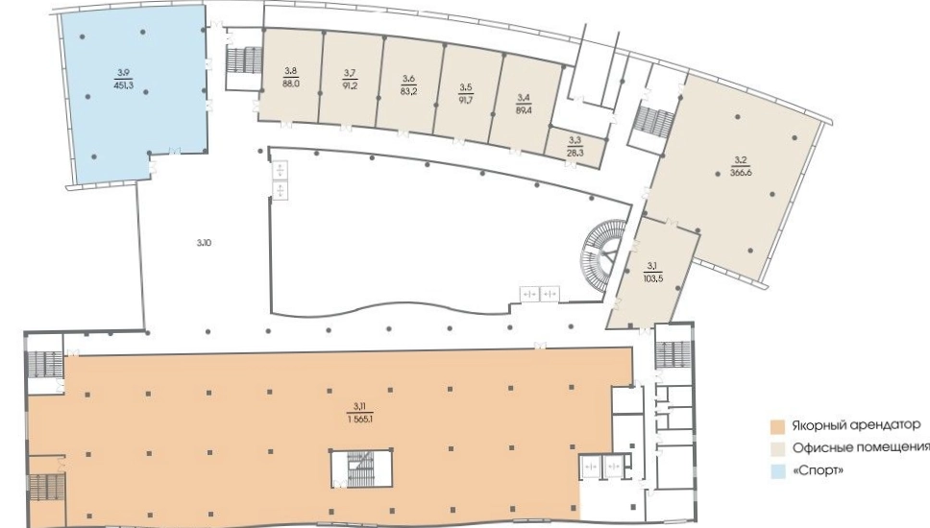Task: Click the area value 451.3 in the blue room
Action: (x=123, y=84)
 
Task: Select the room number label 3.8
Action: (x=290, y=72)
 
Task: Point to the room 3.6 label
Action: (x=408, y=79)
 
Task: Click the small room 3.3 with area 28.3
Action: (x=575, y=147)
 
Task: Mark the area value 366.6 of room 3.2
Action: (x=741, y=173)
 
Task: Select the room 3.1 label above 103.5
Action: (x=652, y=265)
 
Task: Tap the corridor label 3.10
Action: (x=204, y=242)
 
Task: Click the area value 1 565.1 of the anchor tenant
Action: (x=360, y=419)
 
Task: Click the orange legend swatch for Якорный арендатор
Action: (x=777, y=426)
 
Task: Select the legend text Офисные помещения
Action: (x=861, y=447)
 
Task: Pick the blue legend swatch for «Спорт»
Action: (x=777, y=471)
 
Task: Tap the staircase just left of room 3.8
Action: (x=244, y=60)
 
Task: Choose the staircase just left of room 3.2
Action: (x=652, y=121)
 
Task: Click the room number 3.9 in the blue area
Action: (x=123, y=73)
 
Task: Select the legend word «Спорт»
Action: (x=818, y=471)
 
